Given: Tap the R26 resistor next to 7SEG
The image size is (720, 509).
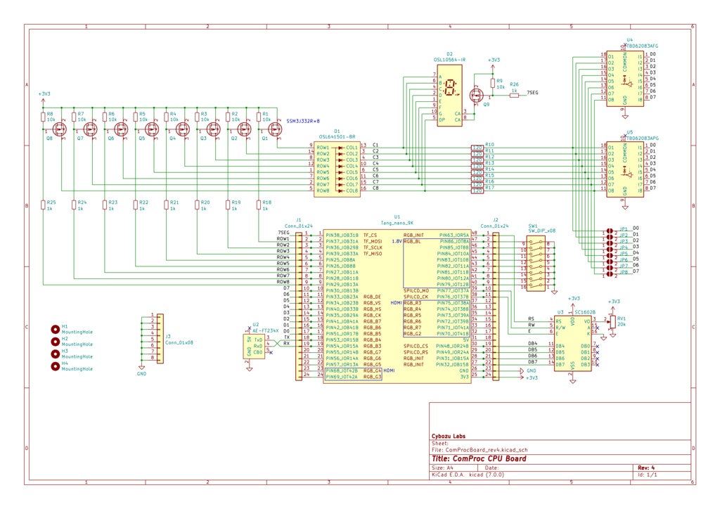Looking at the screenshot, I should coord(515,95).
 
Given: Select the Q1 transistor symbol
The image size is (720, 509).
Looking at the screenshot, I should coord(274,129).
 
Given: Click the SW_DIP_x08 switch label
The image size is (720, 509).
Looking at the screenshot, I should coord(541,231).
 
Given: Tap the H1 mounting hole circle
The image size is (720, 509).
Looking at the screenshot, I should coord(55,329).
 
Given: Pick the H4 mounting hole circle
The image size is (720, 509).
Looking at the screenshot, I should coord(55,366).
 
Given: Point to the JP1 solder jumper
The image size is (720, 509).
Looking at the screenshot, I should coord(607,230).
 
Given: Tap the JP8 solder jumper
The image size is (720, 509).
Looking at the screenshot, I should coord(607,273).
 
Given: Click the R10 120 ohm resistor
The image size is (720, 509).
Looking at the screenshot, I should coord(477,146).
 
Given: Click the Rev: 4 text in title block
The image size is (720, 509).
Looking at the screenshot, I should coord(645,468).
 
